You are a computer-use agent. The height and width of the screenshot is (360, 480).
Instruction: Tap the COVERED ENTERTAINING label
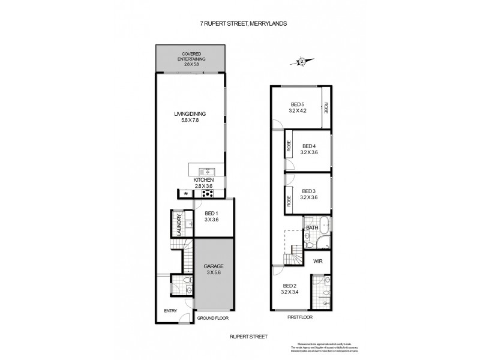[x=191, y=58]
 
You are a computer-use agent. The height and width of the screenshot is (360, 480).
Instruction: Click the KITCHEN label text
[x=203, y=180]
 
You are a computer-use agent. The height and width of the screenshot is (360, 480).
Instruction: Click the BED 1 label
[x=212, y=214]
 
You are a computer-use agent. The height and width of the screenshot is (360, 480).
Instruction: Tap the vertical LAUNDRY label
[x=179, y=225]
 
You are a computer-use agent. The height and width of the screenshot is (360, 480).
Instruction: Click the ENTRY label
[x=171, y=310]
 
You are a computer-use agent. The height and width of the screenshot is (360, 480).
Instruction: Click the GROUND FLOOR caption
[x=214, y=318]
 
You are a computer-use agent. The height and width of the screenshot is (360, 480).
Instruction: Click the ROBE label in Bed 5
[x=326, y=108]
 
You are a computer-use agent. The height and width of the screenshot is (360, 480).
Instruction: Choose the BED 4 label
[x=309, y=146]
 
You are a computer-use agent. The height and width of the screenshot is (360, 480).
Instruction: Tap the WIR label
[x=317, y=262]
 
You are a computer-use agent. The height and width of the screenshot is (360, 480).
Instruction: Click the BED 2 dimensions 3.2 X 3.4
[x=291, y=293]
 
